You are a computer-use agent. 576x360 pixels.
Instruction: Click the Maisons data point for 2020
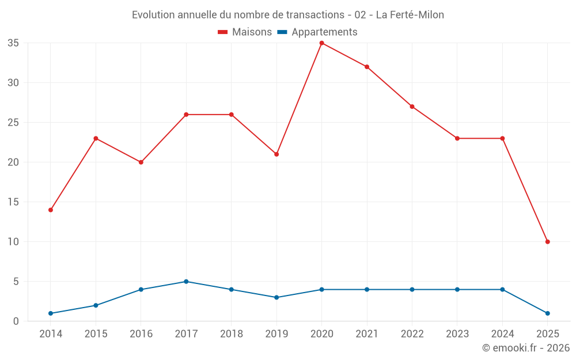pos(321,43)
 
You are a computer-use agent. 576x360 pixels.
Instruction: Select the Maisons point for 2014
pos(51,210)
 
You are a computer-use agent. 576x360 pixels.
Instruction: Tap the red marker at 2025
pos(547,242)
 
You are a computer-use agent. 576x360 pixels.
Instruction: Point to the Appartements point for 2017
pos(186,282)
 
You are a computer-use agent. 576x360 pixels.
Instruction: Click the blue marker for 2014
pos(51,313)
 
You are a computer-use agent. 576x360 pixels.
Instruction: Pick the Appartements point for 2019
pos(276,298)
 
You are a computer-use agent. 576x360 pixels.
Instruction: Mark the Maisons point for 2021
pos(367,67)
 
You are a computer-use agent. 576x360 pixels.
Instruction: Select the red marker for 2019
pos(276,154)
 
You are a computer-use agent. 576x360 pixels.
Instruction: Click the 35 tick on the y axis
pos(13,43)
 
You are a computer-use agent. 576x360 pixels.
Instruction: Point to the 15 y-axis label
pos(13,202)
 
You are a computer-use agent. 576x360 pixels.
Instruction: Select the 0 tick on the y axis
pos(16,321)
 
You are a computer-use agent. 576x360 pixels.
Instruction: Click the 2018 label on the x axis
pos(231,334)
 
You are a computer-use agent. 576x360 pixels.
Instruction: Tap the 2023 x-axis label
pos(457,334)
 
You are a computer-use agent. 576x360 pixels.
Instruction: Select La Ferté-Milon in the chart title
pos(410,15)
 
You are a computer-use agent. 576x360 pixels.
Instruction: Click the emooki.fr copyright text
pos(526,348)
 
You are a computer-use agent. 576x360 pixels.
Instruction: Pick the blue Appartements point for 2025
pos(547,313)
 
